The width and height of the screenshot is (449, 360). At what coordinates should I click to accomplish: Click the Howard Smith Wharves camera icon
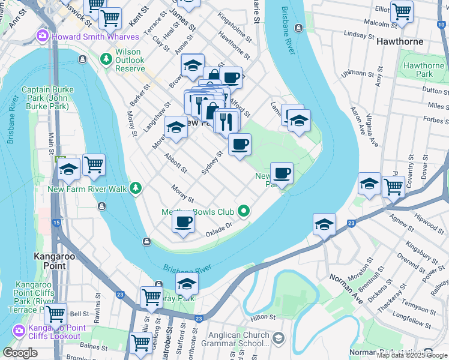(x=43, y=37)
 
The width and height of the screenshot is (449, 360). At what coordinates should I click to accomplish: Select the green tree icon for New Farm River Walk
(x=136, y=189)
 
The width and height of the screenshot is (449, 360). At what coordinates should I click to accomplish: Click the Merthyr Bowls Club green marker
(x=243, y=211)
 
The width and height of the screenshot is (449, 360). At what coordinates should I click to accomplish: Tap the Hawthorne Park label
(x=424, y=70)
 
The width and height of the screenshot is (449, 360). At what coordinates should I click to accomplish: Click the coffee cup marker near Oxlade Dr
(x=183, y=221)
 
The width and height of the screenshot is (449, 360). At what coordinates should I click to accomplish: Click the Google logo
(x=20, y=353)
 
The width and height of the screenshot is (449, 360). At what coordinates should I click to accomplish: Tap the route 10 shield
(x=442, y=23)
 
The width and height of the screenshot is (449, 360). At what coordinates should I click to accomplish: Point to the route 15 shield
(x=56, y=223)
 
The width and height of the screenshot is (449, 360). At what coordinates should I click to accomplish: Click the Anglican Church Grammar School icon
(x=278, y=340)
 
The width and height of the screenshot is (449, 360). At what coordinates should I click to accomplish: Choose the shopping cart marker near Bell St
(x=55, y=313)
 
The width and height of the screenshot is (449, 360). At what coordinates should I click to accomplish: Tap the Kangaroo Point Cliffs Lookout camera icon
(x=19, y=331)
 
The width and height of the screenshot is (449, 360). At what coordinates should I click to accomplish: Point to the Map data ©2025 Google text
(x=412, y=355)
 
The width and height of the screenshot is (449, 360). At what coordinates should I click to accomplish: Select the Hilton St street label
(x=262, y=317)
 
